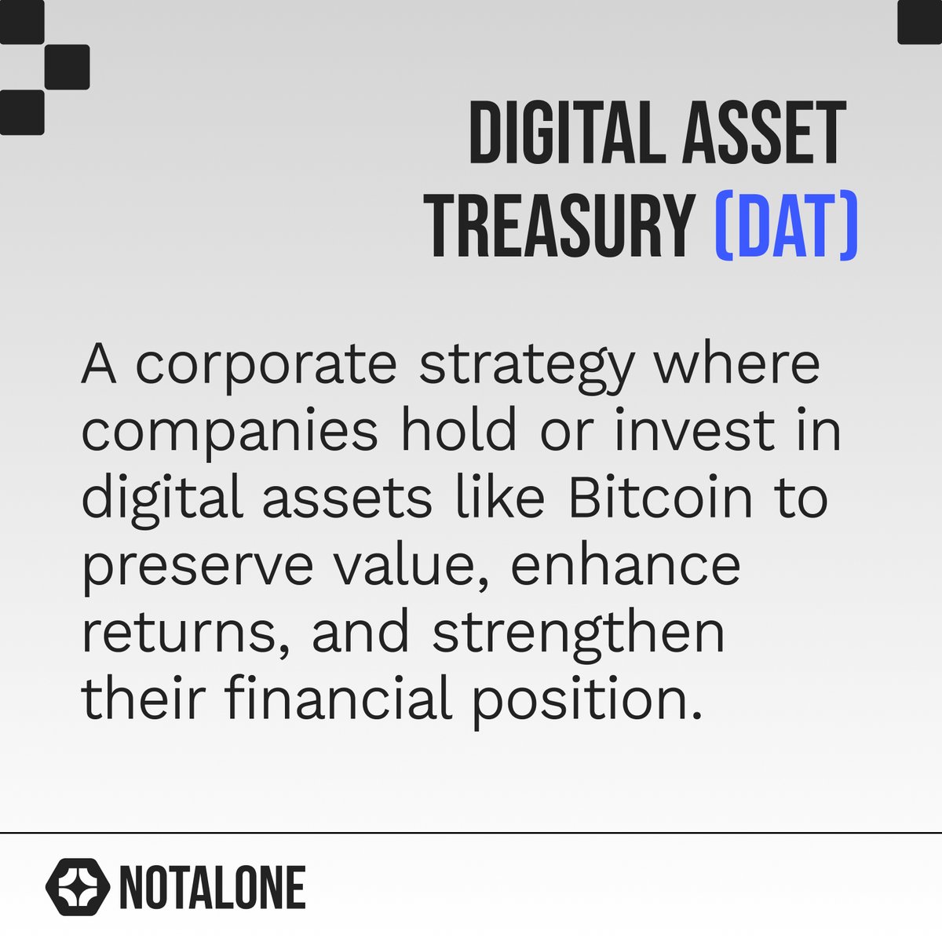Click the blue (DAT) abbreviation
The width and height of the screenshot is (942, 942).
pos(786,226)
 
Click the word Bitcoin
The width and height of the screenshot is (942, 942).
pos(660,498)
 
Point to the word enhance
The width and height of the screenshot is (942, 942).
pos(626,565)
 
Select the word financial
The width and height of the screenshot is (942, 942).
pos(338,699)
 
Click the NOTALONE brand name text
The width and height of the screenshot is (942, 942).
pos(212,888)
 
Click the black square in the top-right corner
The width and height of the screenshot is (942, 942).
pos(920,21)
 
